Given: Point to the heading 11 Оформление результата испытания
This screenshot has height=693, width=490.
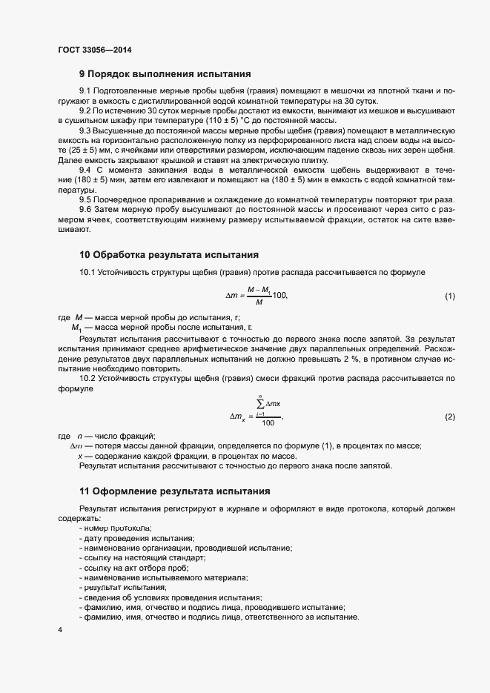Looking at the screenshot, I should pos(174,491).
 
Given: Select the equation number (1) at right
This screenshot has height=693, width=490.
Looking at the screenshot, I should pos(449,296).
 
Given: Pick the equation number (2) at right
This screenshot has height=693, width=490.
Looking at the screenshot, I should pos(449,417).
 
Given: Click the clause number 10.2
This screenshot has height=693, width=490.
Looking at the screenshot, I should pos(87,379).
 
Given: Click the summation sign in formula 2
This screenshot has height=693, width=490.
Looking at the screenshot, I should pos(259,404).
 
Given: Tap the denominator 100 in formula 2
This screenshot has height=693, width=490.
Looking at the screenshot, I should pos(268,422).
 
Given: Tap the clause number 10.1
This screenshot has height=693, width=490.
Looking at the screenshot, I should pos(87,273).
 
